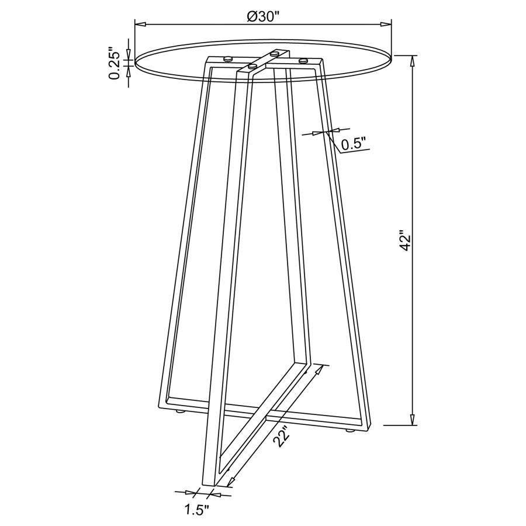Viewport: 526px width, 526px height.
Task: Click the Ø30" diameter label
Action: tap(264, 16)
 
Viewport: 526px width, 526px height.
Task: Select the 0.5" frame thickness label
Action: tap(354, 143)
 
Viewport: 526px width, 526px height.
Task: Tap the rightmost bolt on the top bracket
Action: tap(303, 60)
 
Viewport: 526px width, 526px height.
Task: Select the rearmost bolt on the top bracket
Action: tap(274, 53)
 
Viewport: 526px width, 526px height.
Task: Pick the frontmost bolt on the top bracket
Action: tap(252, 67)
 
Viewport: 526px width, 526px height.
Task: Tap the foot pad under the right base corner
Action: tap(351, 432)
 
